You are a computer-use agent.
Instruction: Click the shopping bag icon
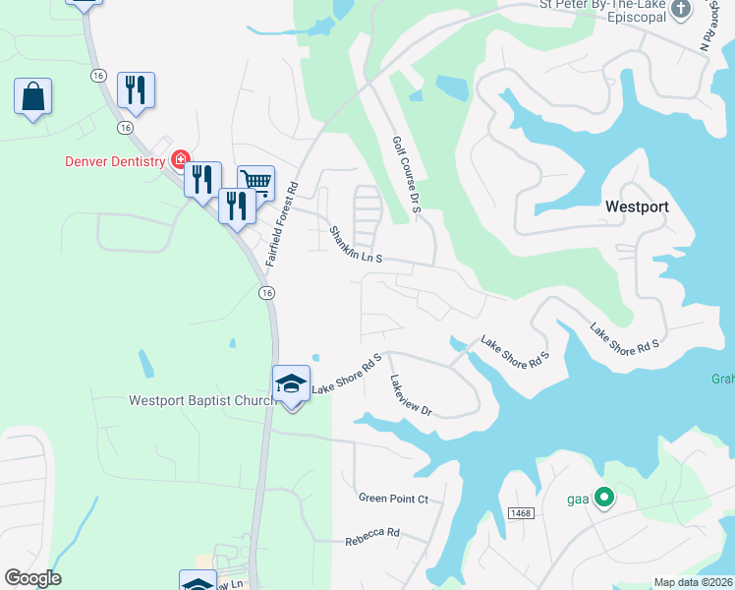32,97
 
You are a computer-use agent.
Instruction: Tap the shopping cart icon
255,181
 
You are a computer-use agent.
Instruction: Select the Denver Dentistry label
114,161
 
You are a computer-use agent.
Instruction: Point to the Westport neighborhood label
637,206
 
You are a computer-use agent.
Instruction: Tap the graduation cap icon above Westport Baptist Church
291,383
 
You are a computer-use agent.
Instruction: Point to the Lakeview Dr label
411,395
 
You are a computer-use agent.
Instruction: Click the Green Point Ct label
393,500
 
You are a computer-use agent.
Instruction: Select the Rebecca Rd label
372,536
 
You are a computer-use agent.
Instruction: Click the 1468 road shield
521,513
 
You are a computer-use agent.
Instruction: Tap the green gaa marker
604,499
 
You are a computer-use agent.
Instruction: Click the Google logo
32,578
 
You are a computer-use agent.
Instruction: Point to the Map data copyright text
694,582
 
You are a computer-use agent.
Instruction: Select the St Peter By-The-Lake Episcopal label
603,10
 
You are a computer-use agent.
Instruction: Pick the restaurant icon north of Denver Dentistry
136,89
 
